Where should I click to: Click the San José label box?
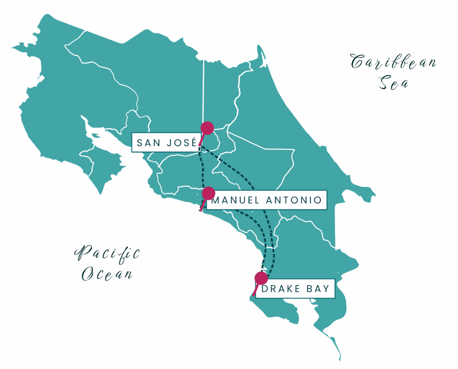165,143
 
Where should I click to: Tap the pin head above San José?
207,128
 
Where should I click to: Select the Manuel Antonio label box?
266,200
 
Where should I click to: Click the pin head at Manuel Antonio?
208,193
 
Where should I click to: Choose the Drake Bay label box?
296,289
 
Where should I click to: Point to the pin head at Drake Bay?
261,278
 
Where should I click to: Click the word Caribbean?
393,63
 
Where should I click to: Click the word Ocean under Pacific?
107,273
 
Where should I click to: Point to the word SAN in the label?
150,143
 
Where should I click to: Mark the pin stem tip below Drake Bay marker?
254,295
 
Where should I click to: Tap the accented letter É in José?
193,142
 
